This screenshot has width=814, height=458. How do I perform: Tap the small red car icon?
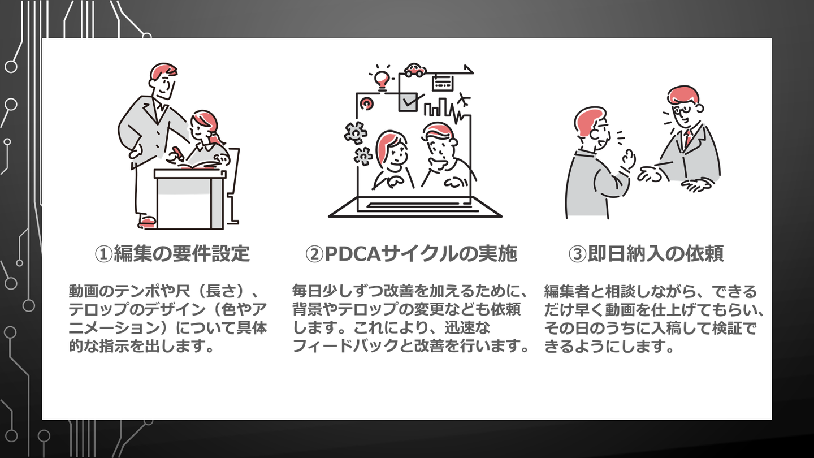[414, 70]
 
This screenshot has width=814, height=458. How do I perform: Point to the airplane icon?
[463, 101]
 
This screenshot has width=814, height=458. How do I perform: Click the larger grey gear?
[355, 132]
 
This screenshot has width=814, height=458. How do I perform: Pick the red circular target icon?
[367, 103]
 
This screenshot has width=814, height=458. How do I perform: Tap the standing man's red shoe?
[146, 221]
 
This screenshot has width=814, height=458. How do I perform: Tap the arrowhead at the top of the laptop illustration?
[469, 68]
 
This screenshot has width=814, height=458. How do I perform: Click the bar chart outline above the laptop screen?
[438, 107]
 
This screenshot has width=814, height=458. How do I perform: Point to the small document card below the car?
[442, 83]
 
